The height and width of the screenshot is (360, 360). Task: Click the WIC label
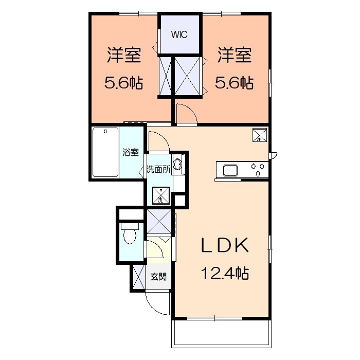coord(179,34)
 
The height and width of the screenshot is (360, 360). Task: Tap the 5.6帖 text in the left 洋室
coord(123,83)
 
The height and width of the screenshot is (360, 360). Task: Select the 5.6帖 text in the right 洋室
coord(234,83)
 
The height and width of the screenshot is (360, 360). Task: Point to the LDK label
coord(225,245)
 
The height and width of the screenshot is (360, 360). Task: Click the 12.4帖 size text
coord(225,273)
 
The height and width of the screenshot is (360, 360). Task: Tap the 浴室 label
coord(131,152)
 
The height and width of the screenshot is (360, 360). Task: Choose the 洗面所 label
coord(158,169)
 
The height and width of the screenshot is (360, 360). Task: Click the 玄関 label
coord(158,277)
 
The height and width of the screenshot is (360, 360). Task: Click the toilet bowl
coord(130,233)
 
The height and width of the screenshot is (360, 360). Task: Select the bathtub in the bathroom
coord(105,152)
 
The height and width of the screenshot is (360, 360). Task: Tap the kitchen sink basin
coord(230,171)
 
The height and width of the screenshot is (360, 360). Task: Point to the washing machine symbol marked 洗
coord(161,195)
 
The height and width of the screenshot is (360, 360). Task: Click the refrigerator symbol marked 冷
coord(260,135)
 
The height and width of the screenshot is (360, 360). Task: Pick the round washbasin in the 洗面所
coord(177,165)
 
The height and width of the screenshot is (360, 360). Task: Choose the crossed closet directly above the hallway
coord(159,221)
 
